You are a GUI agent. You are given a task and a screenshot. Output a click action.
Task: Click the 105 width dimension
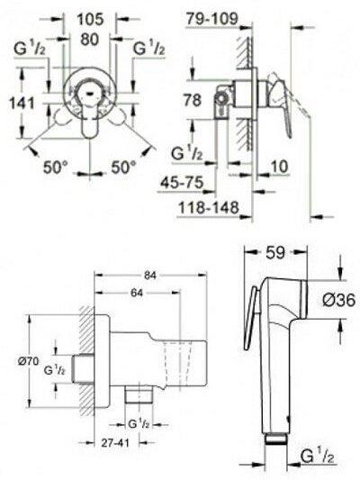pos(90,20)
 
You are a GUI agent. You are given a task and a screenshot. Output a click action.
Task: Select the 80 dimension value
pos(90,40)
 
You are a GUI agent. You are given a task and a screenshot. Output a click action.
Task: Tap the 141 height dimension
pos(22,103)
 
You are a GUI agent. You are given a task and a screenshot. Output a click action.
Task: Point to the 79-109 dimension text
pos(212,19)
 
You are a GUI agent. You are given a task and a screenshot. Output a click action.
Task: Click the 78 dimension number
pos(193,100)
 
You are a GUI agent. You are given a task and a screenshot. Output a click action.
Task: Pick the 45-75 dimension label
pos(182,183)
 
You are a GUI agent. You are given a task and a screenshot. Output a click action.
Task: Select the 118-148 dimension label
pos(208,207)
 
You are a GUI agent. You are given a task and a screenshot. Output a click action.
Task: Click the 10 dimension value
pos(280,167)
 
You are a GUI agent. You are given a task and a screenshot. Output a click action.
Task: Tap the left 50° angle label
pos(56,168)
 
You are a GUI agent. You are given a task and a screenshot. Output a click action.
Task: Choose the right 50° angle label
pos(123,168)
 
